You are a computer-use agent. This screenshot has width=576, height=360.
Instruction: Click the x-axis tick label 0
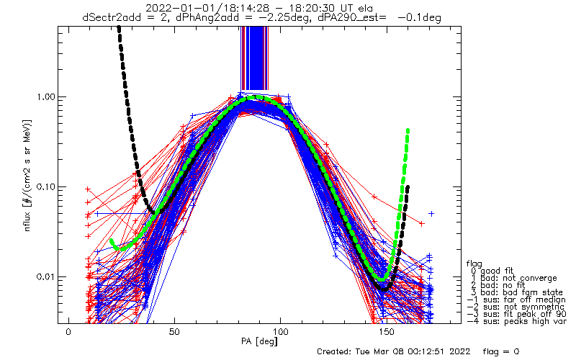(x=68, y=332)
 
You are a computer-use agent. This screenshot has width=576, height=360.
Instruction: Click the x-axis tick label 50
(x=174, y=332)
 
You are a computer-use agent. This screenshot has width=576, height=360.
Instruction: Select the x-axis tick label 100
(x=281, y=332)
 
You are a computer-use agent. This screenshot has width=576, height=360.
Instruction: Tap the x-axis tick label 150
(x=387, y=332)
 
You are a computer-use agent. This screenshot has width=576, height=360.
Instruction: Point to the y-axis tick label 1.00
(x=45, y=97)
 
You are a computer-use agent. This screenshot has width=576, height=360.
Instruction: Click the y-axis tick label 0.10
(x=45, y=186)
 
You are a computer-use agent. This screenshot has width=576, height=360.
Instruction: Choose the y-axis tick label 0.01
(x=45, y=276)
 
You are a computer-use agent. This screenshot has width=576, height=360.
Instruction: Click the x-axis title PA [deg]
(x=259, y=341)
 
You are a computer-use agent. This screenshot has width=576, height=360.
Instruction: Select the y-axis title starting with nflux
(x=27, y=175)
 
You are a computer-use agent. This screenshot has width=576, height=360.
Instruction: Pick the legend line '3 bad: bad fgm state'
(x=516, y=292)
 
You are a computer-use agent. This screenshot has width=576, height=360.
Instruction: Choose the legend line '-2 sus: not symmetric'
(x=516, y=307)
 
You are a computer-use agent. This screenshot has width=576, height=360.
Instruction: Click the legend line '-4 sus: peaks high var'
(x=516, y=321)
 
